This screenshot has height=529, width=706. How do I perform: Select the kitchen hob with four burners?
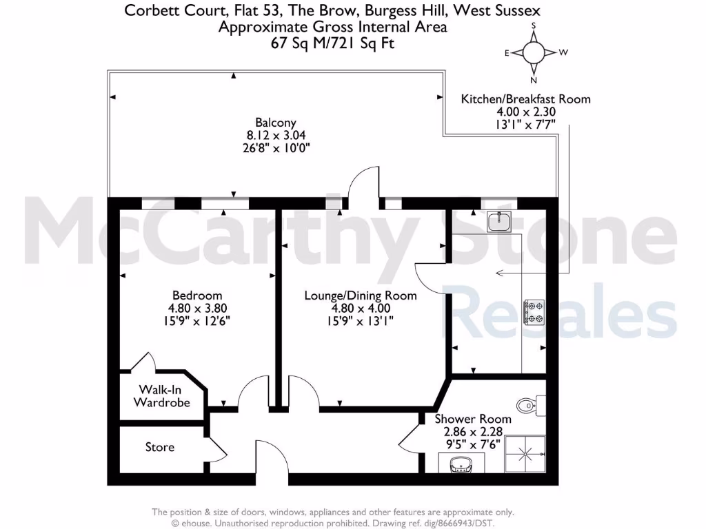534,311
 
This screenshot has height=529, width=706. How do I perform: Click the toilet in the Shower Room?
527,405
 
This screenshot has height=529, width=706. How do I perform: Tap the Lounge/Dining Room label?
361,295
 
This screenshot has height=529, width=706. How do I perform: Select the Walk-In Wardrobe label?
161,396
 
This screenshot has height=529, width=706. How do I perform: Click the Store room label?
160,448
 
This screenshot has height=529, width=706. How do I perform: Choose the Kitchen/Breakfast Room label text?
525,98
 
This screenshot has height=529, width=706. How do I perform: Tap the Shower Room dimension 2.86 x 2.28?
473,432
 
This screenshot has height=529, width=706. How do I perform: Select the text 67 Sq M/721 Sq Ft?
332,42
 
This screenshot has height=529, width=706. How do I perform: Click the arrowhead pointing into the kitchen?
499,274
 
